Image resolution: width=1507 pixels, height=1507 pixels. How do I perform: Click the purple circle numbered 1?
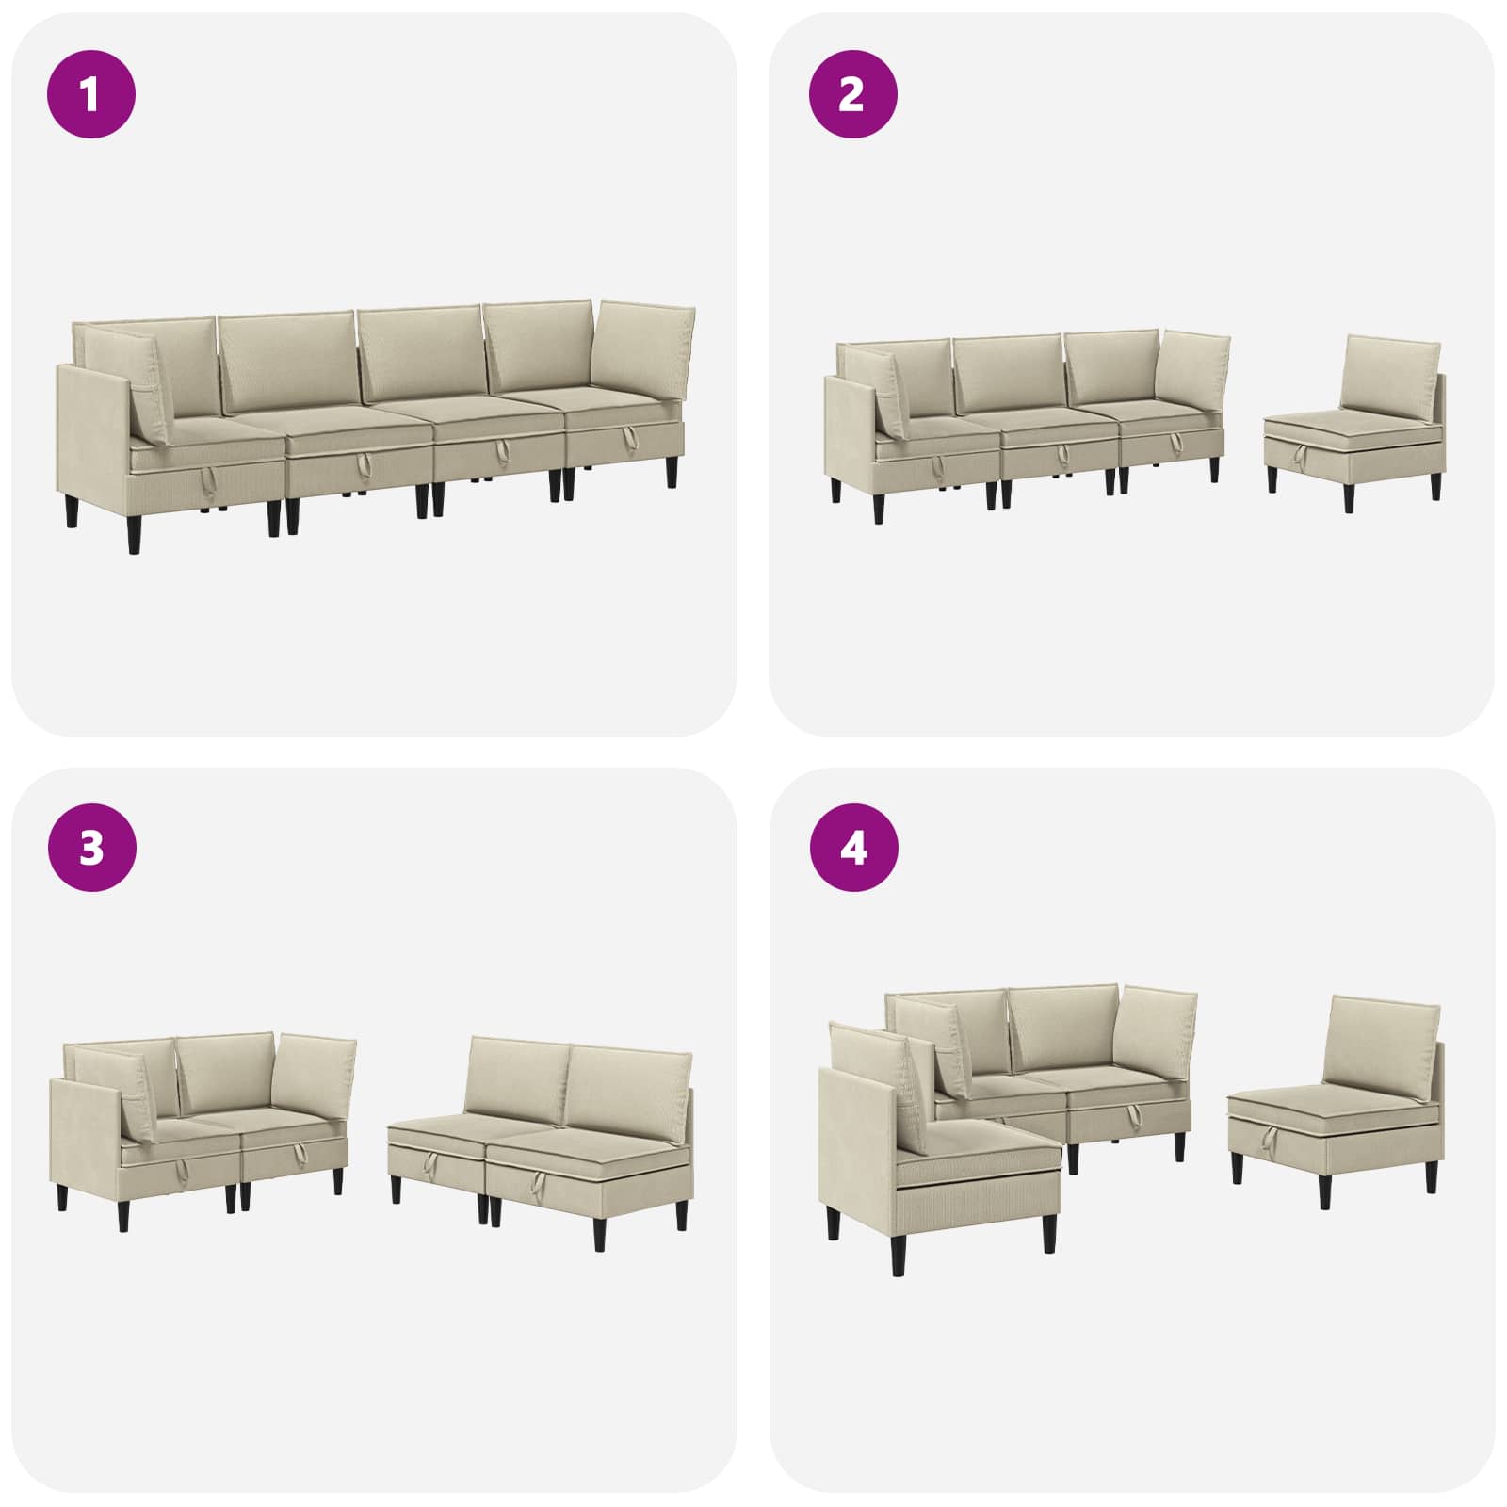[x=90, y=94]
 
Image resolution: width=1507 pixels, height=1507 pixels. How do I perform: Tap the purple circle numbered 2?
[x=852, y=94]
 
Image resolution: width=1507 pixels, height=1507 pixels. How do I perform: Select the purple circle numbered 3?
[x=90, y=848]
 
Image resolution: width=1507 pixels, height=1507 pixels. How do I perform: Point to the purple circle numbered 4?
[x=853, y=848]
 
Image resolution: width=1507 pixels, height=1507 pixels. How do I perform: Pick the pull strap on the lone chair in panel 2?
[x=1301, y=458]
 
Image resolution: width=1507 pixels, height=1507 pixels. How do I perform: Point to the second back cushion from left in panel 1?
[x=287, y=363]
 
